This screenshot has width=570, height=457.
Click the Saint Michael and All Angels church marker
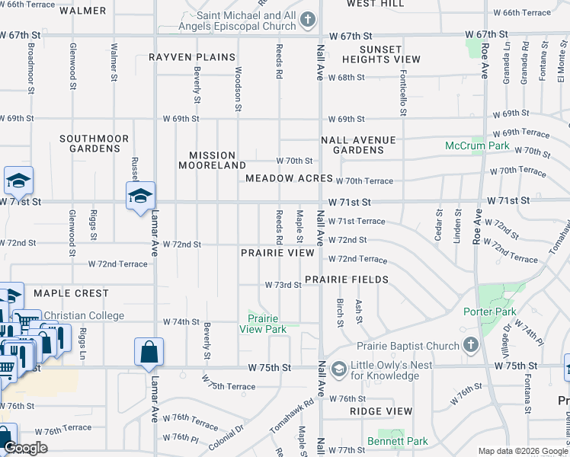307,20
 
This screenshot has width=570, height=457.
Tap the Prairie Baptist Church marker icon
470,346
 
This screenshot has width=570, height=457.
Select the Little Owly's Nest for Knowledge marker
339,369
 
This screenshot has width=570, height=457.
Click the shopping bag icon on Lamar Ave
149,352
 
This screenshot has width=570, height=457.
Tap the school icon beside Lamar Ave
140,196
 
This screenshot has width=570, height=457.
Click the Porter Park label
489,312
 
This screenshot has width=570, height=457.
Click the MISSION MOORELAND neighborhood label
212,160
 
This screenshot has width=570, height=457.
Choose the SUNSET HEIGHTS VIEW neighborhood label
380,54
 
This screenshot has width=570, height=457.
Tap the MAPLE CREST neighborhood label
70,293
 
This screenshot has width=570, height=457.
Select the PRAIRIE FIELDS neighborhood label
347,280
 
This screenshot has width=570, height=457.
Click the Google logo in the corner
26,448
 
